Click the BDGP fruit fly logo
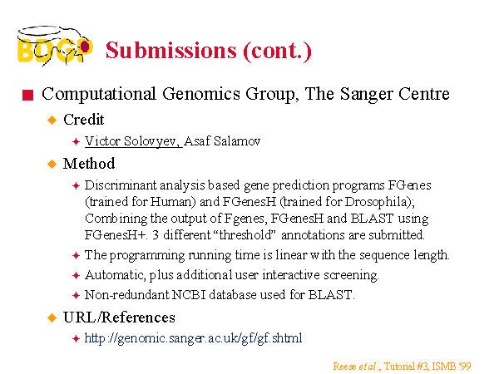tap(55, 46)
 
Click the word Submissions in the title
tap(171, 50)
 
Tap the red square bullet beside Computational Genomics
tap(28, 95)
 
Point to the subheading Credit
tap(84, 120)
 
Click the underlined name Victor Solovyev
tap(132, 141)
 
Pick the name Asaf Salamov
tap(222, 141)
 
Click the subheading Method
tap(89, 164)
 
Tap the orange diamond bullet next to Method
tap(52, 164)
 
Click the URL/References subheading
tap(119, 317)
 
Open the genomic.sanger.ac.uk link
tap(193, 338)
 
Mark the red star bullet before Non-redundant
tap(76, 295)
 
